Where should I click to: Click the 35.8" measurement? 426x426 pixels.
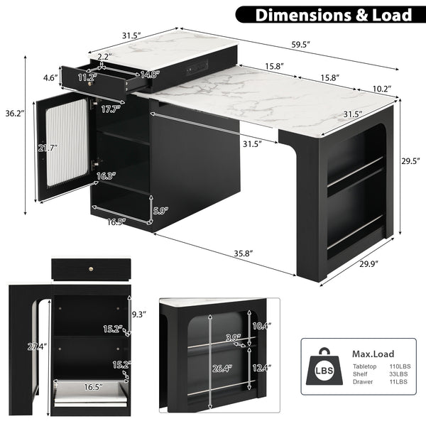(224, 252)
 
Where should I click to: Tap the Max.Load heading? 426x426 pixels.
(373, 354)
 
